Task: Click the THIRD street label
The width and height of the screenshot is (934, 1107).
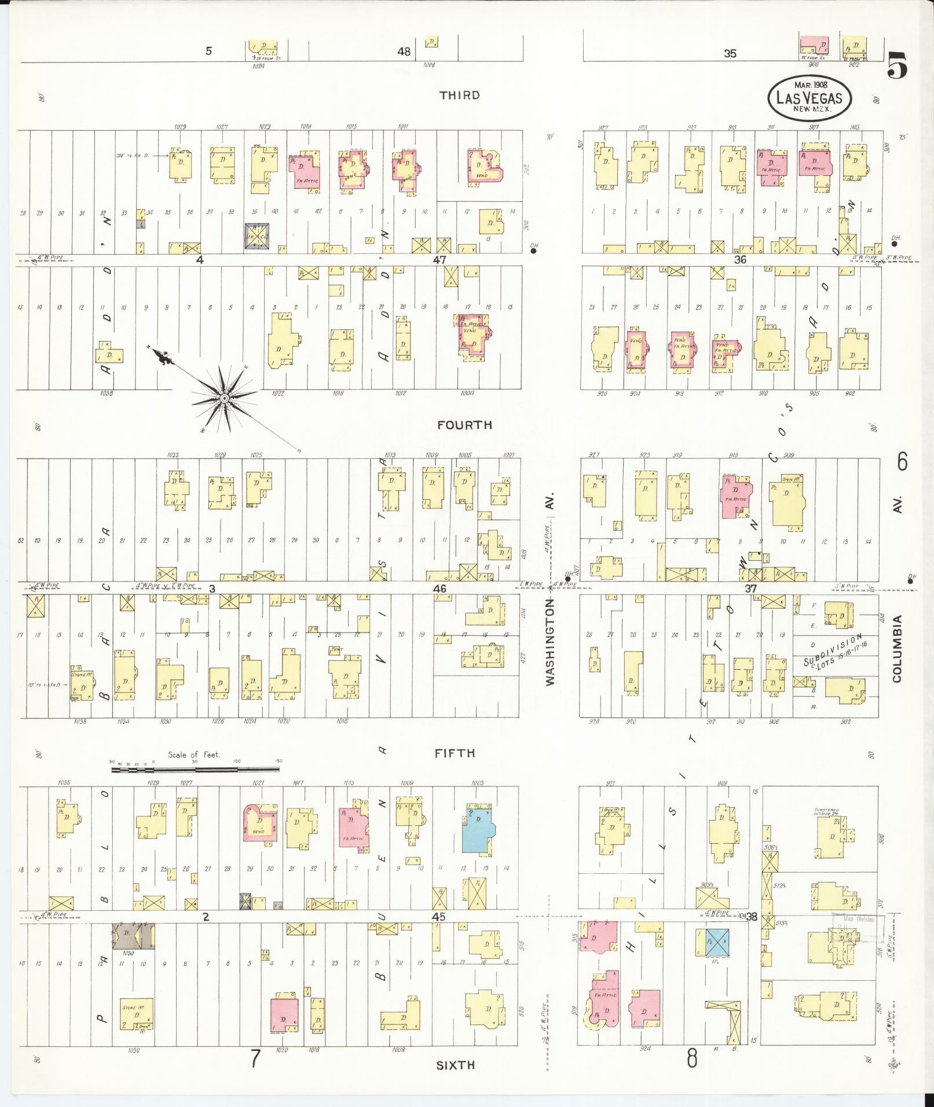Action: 459,95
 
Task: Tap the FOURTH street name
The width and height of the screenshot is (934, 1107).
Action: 464,425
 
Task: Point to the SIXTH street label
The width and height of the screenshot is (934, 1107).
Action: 456,1065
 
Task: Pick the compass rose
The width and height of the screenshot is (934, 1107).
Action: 224,398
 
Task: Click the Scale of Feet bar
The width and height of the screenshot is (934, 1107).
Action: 195,770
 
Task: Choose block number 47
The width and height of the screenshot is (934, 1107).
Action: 439,260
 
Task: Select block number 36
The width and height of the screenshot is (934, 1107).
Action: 740,260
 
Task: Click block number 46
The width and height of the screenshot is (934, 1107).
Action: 439,589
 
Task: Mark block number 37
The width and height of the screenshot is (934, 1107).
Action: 750,589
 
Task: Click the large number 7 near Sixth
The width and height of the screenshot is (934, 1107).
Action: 255,1059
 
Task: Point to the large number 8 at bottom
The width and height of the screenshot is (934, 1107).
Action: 692,1059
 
